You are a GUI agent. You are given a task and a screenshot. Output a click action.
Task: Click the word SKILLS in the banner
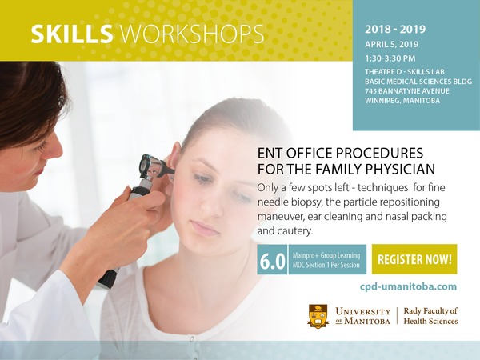point(72,34)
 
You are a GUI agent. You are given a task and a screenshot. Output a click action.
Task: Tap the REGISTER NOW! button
point(414,259)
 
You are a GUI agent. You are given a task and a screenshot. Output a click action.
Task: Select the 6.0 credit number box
point(272,259)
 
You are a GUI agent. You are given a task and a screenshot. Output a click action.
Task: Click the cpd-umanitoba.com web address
point(408,287)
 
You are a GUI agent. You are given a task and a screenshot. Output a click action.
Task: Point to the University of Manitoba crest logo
point(318,316)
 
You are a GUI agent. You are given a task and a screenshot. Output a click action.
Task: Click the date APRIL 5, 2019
point(391,44)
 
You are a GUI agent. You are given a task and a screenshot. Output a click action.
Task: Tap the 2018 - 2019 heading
point(395,30)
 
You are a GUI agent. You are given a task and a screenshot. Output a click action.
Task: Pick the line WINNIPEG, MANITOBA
point(402,101)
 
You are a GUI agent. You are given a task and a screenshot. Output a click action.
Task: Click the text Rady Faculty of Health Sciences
point(430,316)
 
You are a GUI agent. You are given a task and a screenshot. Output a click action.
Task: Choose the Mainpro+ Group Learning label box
point(327,259)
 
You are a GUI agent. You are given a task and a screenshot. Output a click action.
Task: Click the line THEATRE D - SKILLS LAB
point(405,72)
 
